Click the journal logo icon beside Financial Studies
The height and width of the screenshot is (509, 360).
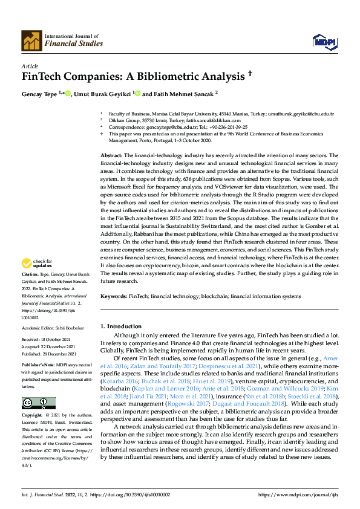(31, 40)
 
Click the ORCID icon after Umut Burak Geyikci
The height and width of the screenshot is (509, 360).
(138, 93)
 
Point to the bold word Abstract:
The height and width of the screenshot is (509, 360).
(111, 155)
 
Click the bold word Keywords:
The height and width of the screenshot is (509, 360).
(113, 297)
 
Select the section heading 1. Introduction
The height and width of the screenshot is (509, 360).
(120, 326)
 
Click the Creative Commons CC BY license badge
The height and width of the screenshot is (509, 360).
(39, 403)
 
